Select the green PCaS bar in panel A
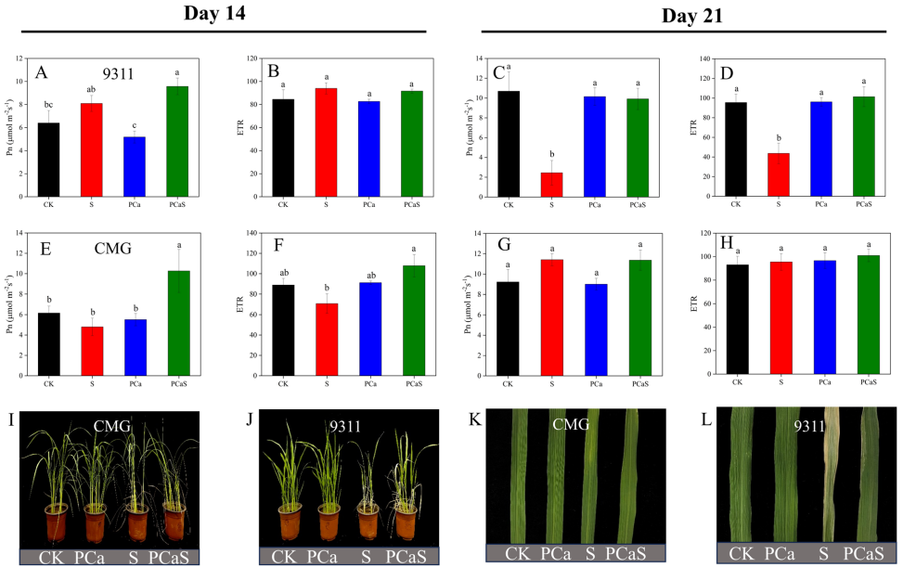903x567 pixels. click(177, 141)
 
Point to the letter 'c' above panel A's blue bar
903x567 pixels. click(135, 125)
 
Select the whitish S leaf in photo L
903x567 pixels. click(825, 473)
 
